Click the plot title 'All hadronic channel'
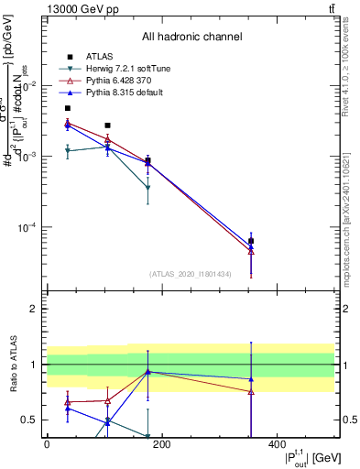(191, 37)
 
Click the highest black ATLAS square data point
(67, 108)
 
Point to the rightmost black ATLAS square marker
(251, 241)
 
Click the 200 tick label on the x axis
(161, 444)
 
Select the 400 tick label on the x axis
(277, 444)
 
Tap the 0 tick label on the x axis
(47, 444)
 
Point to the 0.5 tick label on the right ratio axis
(348, 420)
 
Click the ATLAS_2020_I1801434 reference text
(191, 274)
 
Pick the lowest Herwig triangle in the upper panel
(147, 188)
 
